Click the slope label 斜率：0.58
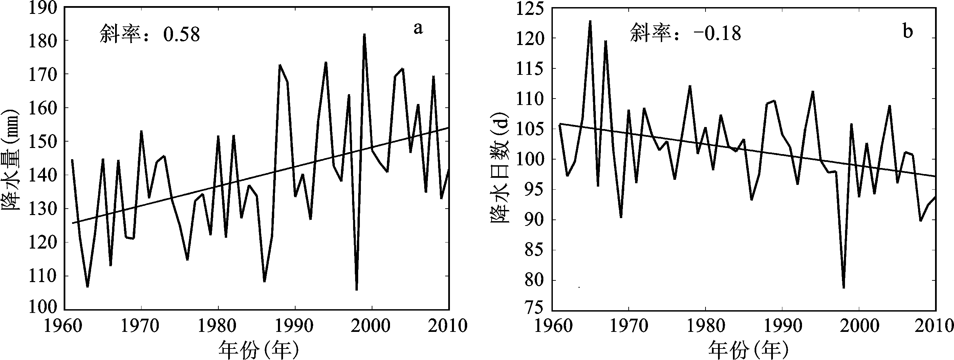pyautogui.click(x=150, y=35)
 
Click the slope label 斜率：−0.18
pyautogui.click(x=686, y=33)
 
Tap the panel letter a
pyautogui.click(x=418, y=28)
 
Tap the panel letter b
pyautogui.click(x=908, y=32)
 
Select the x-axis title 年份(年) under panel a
pyautogui.click(x=258, y=349)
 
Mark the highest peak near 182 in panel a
pyautogui.click(x=364, y=35)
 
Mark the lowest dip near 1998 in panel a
pyautogui.click(x=356, y=290)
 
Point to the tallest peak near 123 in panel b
pyautogui.click(x=590, y=21)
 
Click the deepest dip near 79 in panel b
pyautogui.click(x=844, y=288)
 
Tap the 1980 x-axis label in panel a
pyautogui.click(x=218, y=326)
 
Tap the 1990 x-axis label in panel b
pyautogui.click(x=782, y=326)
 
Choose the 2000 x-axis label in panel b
pyautogui.click(x=859, y=326)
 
